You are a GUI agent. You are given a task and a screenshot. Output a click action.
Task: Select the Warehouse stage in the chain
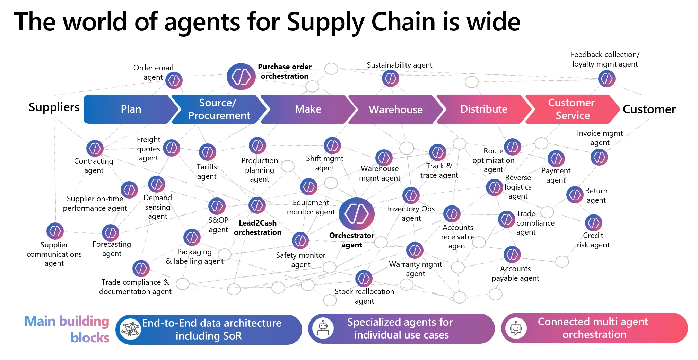click(x=395, y=109)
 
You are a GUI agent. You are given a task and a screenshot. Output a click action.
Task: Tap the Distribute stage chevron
click(x=483, y=109)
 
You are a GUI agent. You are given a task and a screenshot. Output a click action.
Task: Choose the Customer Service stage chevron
click(x=572, y=109)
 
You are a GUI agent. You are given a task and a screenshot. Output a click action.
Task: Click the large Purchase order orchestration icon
click(x=241, y=77)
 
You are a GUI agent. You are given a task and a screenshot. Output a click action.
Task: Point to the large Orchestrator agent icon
click(x=356, y=214)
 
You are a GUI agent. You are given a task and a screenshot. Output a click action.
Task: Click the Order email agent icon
click(x=174, y=80)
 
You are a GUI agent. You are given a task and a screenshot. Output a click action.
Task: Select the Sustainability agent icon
click(x=390, y=78)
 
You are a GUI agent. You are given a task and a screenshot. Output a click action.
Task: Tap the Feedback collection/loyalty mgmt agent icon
click(x=607, y=79)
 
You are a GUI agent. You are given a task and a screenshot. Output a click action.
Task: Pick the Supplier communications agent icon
click(x=55, y=231)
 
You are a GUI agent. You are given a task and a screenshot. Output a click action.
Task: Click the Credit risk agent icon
click(x=593, y=223)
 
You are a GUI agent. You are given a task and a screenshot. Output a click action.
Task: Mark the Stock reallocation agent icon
click(x=364, y=279)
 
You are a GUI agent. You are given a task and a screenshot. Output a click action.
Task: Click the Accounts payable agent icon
click(x=512, y=255)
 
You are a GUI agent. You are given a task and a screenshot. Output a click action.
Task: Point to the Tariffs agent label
click(x=207, y=172)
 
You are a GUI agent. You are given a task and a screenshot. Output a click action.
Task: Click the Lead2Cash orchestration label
click(x=258, y=228)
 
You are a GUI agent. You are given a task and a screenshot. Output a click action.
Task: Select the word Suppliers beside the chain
click(x=54, y=107)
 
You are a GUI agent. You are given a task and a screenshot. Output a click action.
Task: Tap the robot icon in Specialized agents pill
click(x=323, y=328)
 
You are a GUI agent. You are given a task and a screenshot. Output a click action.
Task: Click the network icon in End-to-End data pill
click(x=130, y=329)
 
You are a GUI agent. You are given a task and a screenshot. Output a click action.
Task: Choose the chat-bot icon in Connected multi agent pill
click(x=516, y=328)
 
